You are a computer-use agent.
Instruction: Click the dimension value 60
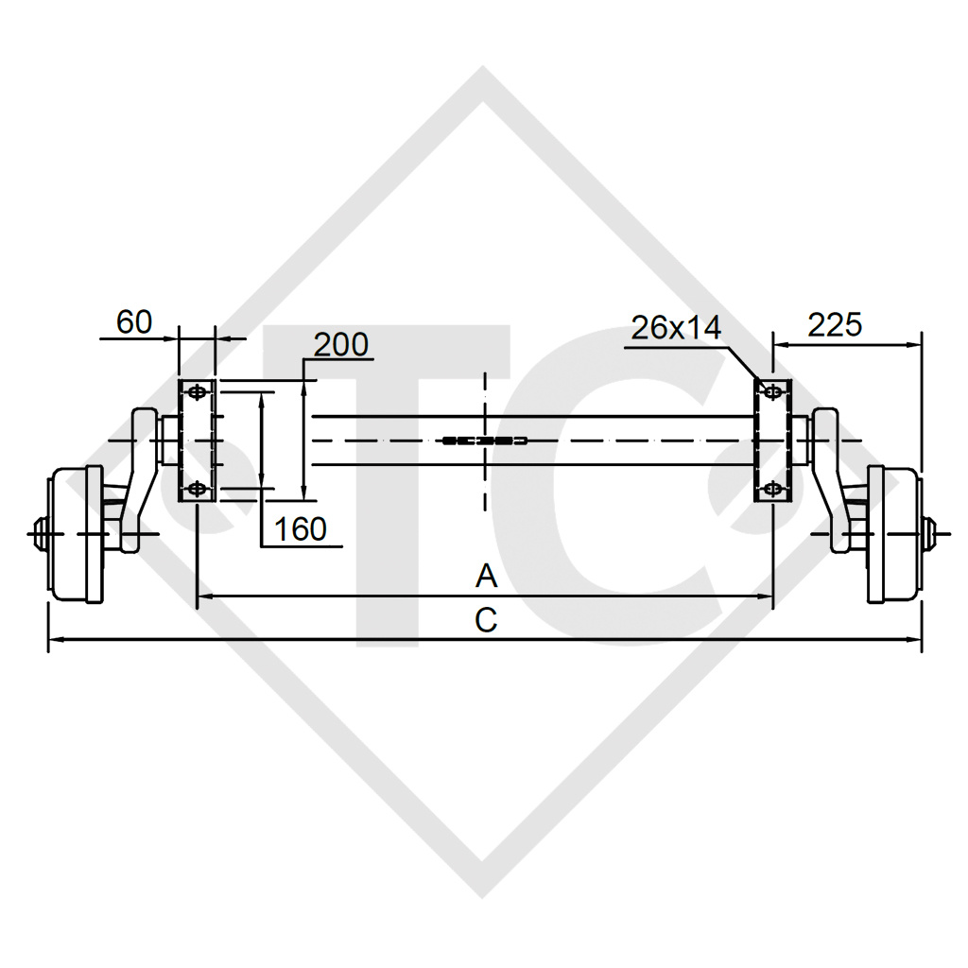click(134, 322)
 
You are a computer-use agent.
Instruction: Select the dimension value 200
click(340, 345)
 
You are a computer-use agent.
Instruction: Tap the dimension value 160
click(300, 529)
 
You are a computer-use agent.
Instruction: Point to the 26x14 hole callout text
click(676, 328)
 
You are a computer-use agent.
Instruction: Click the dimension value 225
click(835, 324)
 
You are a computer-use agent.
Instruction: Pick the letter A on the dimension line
click(486, 576)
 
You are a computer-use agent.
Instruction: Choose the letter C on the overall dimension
click(485, 620)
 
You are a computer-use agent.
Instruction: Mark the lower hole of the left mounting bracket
click(197, 488)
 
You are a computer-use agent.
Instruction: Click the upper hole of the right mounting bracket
click(772, 391)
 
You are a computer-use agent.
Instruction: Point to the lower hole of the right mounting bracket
click(772, 488)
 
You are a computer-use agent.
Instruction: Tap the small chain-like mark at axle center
click(484, 441)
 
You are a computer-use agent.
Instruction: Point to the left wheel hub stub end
click(37, 534)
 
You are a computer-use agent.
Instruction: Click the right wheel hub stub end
click(932, 534)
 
